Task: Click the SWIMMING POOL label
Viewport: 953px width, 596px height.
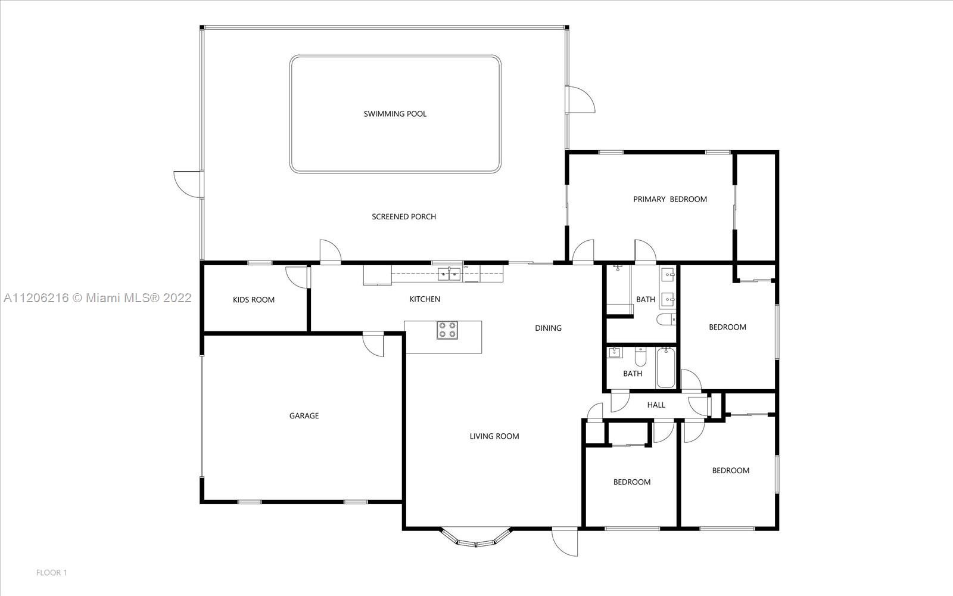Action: pyautogui.click(x=395, y=114)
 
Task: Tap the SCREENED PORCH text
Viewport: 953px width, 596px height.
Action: pyautogui.click(x=404, y=217)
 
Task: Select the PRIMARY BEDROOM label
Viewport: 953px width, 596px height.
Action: pyautogui.click(x=670, y=199)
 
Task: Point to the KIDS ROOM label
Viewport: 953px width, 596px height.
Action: pyautogui.click(x=254, y=300)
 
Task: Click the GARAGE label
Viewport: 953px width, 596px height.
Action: pyautogui.click(x=304, y=415)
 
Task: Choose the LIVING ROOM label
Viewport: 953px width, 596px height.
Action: pyautogui.click(x=494, y=436)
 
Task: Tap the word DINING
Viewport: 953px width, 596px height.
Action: pyautogui.click(x=548, y=328)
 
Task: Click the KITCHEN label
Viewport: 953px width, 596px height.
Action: pyautogui.click(x=425, y=299)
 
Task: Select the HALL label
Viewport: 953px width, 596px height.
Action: pyautogui.click(x=656, y=405)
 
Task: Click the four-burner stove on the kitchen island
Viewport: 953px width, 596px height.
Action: pyautogui.click(x=447, y=330)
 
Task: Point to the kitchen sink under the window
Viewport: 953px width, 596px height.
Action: pyautogui.click(x=449, y=274)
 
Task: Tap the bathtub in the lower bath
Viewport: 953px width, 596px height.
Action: pyautogui.click(x=665, y=367)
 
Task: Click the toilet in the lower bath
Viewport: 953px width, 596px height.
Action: pyautogui.click(x=640, y=357)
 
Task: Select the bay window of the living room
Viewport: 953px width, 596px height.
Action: pyautogui.click(x=476, y=538)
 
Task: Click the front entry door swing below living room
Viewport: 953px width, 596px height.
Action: pyautogui.click(x=565, y=542)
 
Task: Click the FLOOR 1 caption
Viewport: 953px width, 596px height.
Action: pyautogui.click(x=51, y=573)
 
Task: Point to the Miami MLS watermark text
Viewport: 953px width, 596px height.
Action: pyautogui.click(x=98, y=298)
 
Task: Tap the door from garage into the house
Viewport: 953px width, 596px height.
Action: pyautogui.click(x=373, y=344)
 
